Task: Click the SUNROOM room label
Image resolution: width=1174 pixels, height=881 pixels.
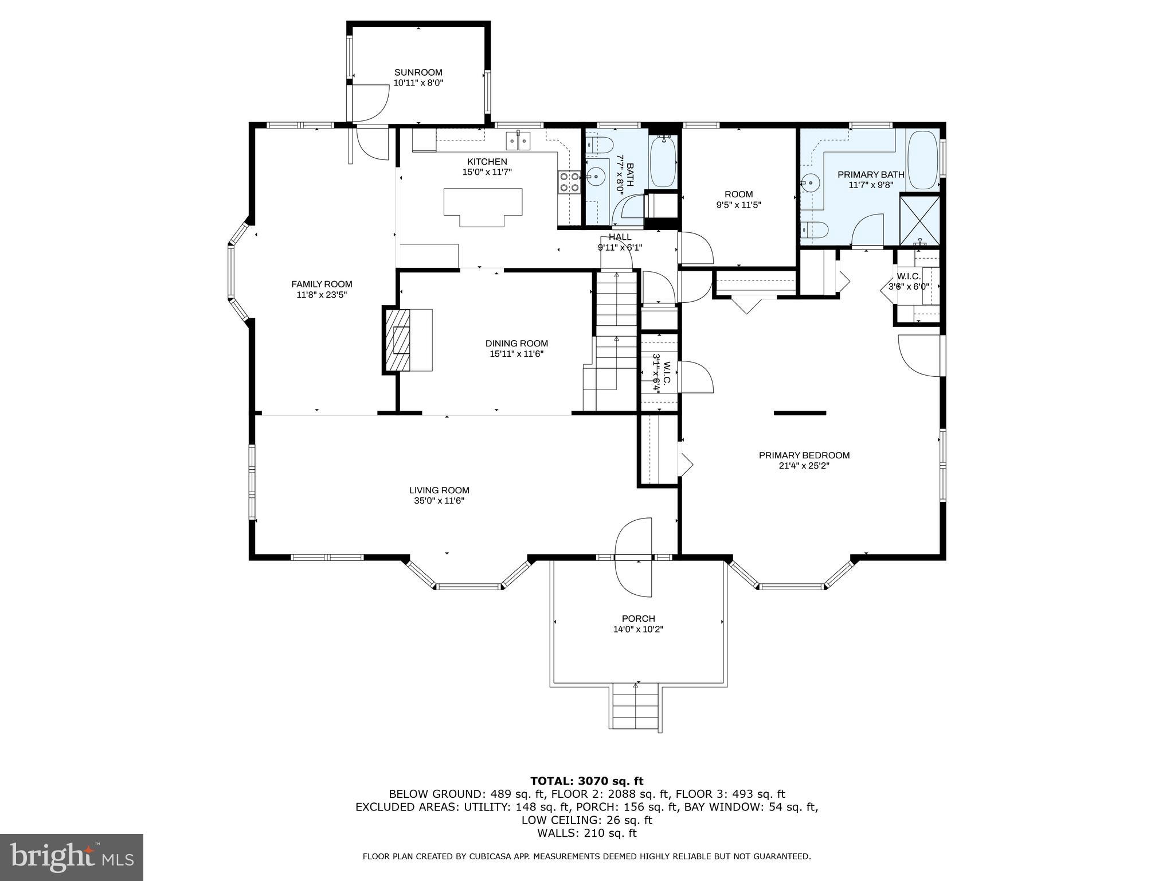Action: [418, 73]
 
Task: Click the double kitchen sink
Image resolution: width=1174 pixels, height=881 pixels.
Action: [518, 140]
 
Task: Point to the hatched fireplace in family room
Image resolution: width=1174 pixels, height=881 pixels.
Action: [398, 341]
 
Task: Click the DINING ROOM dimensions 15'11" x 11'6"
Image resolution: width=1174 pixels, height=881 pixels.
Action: [516, 354]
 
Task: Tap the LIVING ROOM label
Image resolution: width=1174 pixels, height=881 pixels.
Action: [439, 490]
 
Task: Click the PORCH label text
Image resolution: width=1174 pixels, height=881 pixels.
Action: [638, 619]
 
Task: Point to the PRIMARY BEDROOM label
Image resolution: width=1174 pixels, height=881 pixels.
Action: [804, 455]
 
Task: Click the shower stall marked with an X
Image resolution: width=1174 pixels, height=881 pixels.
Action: [919, 220]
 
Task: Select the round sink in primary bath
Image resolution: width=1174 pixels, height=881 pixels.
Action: [811, 184]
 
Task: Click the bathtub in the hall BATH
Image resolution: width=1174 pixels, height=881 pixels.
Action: [663, 161]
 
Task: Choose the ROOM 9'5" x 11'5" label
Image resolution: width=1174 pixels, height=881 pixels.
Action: [738, 194]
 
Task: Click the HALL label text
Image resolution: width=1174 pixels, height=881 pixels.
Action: [620, 237]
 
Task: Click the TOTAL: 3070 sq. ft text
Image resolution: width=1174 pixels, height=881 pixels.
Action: [586, 781]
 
